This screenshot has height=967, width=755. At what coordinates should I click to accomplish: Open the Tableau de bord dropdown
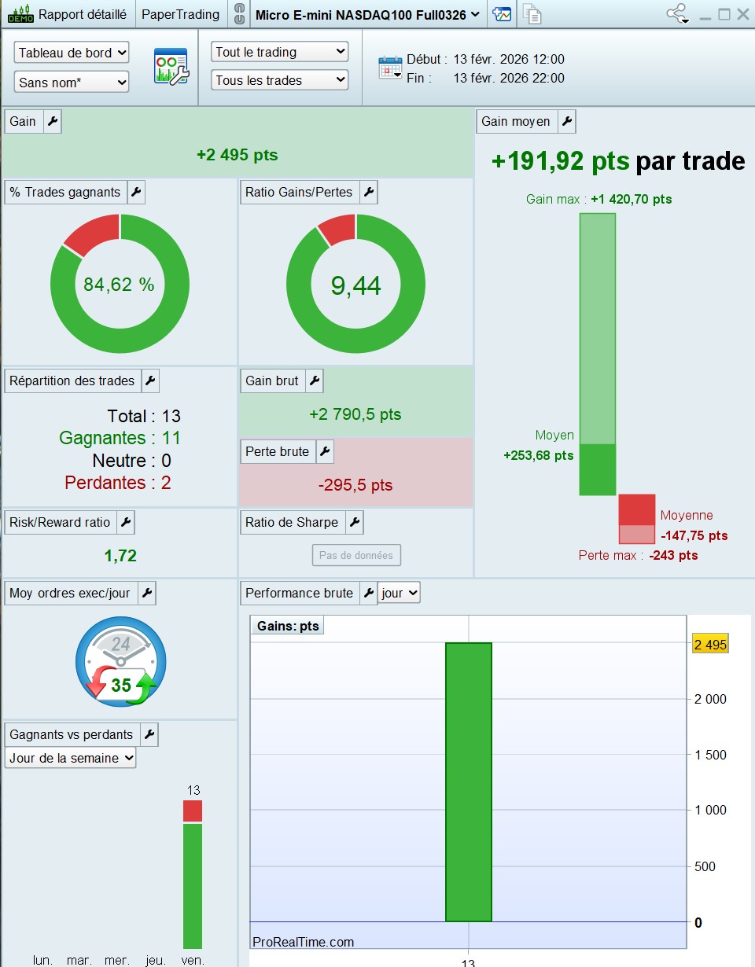[x=72, y=53]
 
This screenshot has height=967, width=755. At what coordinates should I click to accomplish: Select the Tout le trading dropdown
[x=279, y=52]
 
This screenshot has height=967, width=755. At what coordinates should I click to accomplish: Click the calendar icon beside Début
[x=390, y=68]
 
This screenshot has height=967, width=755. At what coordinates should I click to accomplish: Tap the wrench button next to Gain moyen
[x=567, y=121]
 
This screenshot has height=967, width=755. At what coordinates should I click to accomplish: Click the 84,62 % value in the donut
[x=119, y=285]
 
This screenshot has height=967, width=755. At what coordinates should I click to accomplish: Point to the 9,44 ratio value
[x=355, y=285]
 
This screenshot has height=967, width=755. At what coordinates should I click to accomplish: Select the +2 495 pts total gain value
[x=238, y=155]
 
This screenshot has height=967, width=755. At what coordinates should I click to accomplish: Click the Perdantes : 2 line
[x=118, y=483]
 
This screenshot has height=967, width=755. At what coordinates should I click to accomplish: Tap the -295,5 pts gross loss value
[x=355, y=484]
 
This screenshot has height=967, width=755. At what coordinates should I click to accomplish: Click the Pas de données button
[x=356, y=555]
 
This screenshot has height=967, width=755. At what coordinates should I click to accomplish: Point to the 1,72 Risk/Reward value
[x=120, y=555]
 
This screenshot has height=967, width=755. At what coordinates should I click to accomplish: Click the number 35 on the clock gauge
[x=121, y=685]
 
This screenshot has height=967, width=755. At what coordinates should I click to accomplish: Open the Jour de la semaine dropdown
[x=70, y=757]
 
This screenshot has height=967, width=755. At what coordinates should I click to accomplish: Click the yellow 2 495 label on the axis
[x=710, y=644]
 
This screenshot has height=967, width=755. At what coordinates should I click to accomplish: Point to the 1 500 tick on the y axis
[x=710, y=755]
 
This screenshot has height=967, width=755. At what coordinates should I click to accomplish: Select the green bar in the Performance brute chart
[x=468, y=782]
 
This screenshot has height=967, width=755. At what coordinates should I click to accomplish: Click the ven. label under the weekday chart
[x=193, y=961]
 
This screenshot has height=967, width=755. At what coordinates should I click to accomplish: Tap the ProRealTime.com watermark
[x=303, y=942]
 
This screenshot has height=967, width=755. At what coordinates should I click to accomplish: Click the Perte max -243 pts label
[x=638, y=555]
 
